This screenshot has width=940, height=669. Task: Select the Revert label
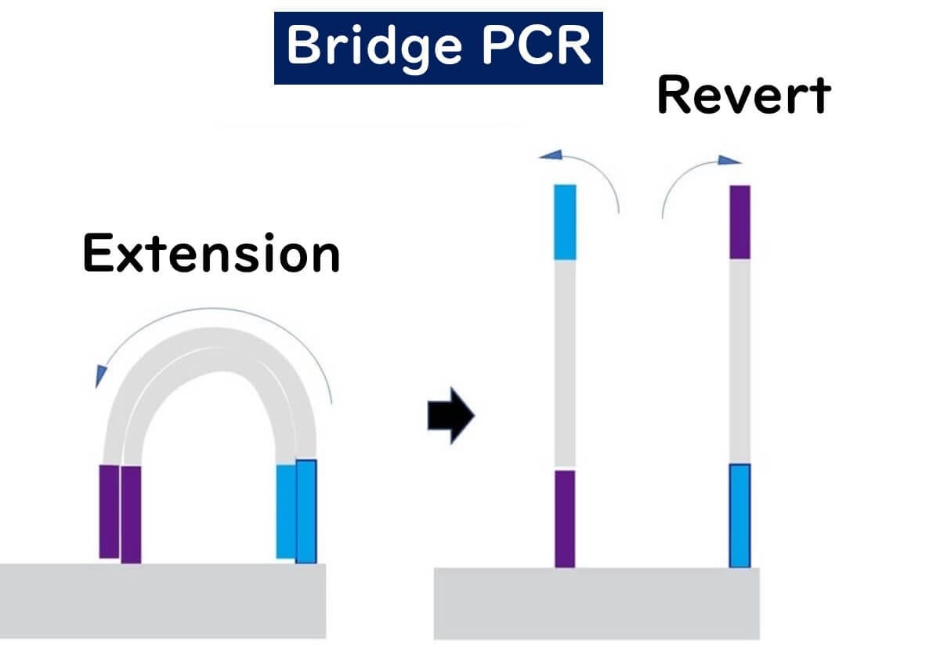tap(743, 96)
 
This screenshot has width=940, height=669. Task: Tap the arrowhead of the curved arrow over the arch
tap(99, 376)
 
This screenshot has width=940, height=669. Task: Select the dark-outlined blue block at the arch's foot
tap(306, 511)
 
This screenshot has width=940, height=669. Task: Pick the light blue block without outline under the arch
tap(286, 511)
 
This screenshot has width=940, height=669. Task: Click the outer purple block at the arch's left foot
tap(109, 512)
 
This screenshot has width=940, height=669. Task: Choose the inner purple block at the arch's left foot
tap(131, 514)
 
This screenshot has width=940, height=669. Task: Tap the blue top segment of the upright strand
tap(565, 222)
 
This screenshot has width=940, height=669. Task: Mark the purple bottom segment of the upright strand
tap(565, 518)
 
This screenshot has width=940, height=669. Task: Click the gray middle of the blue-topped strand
tap(565, 364)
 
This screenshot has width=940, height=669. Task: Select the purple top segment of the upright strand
tap(740, 222)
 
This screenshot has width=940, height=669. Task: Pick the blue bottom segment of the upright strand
tap(740, 515)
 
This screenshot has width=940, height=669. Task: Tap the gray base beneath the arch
tap(162, 599)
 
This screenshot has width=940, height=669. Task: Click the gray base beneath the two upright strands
tap(596, 603)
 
